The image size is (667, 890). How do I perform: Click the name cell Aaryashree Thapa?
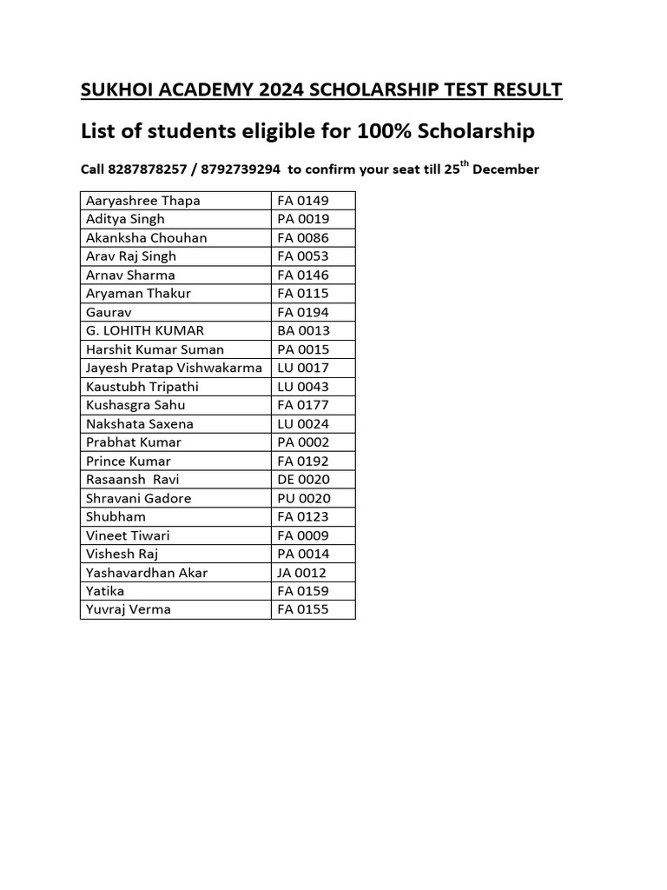[x=142, y=201]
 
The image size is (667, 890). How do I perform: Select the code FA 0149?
[x=303, y=201]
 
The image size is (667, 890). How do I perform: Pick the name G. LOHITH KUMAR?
[x=145, y=331]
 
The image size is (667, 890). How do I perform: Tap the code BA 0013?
[x=303, y=331]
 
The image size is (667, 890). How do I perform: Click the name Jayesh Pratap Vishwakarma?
[x=174, y=369]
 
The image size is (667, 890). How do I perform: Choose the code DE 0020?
[x=303, y=480]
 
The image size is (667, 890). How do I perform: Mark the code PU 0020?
[x=303, y=499]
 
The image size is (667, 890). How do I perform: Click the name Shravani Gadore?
[x=138, y=499]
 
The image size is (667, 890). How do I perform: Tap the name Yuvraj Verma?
[x=129, y=610]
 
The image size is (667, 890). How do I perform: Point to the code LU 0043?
[x=303, y=387]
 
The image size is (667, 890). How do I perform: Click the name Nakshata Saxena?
[x=140, y=424]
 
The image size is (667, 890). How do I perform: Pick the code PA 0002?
[x=303, y=442]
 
